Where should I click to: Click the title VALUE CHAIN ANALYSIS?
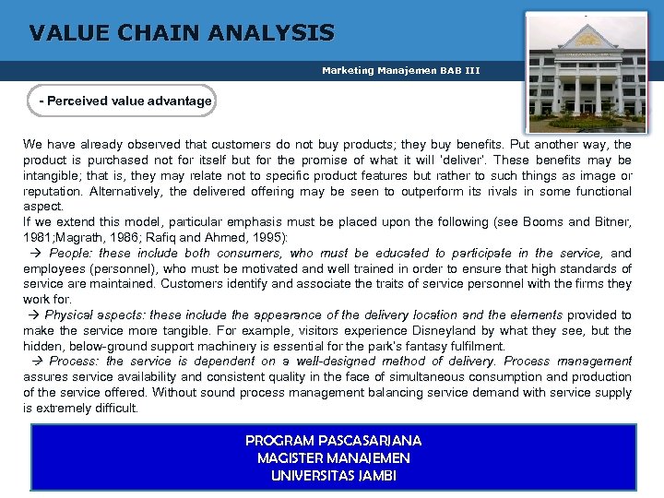coord(182,34)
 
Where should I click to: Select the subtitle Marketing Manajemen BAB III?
coord(400,70)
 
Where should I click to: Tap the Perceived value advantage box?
coord(125,101)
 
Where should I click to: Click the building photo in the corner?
coord(586,73)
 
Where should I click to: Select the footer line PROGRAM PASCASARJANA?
coord(333,441)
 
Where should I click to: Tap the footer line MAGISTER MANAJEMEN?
coord(333,457)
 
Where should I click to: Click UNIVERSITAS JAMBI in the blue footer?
coord(333,475)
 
